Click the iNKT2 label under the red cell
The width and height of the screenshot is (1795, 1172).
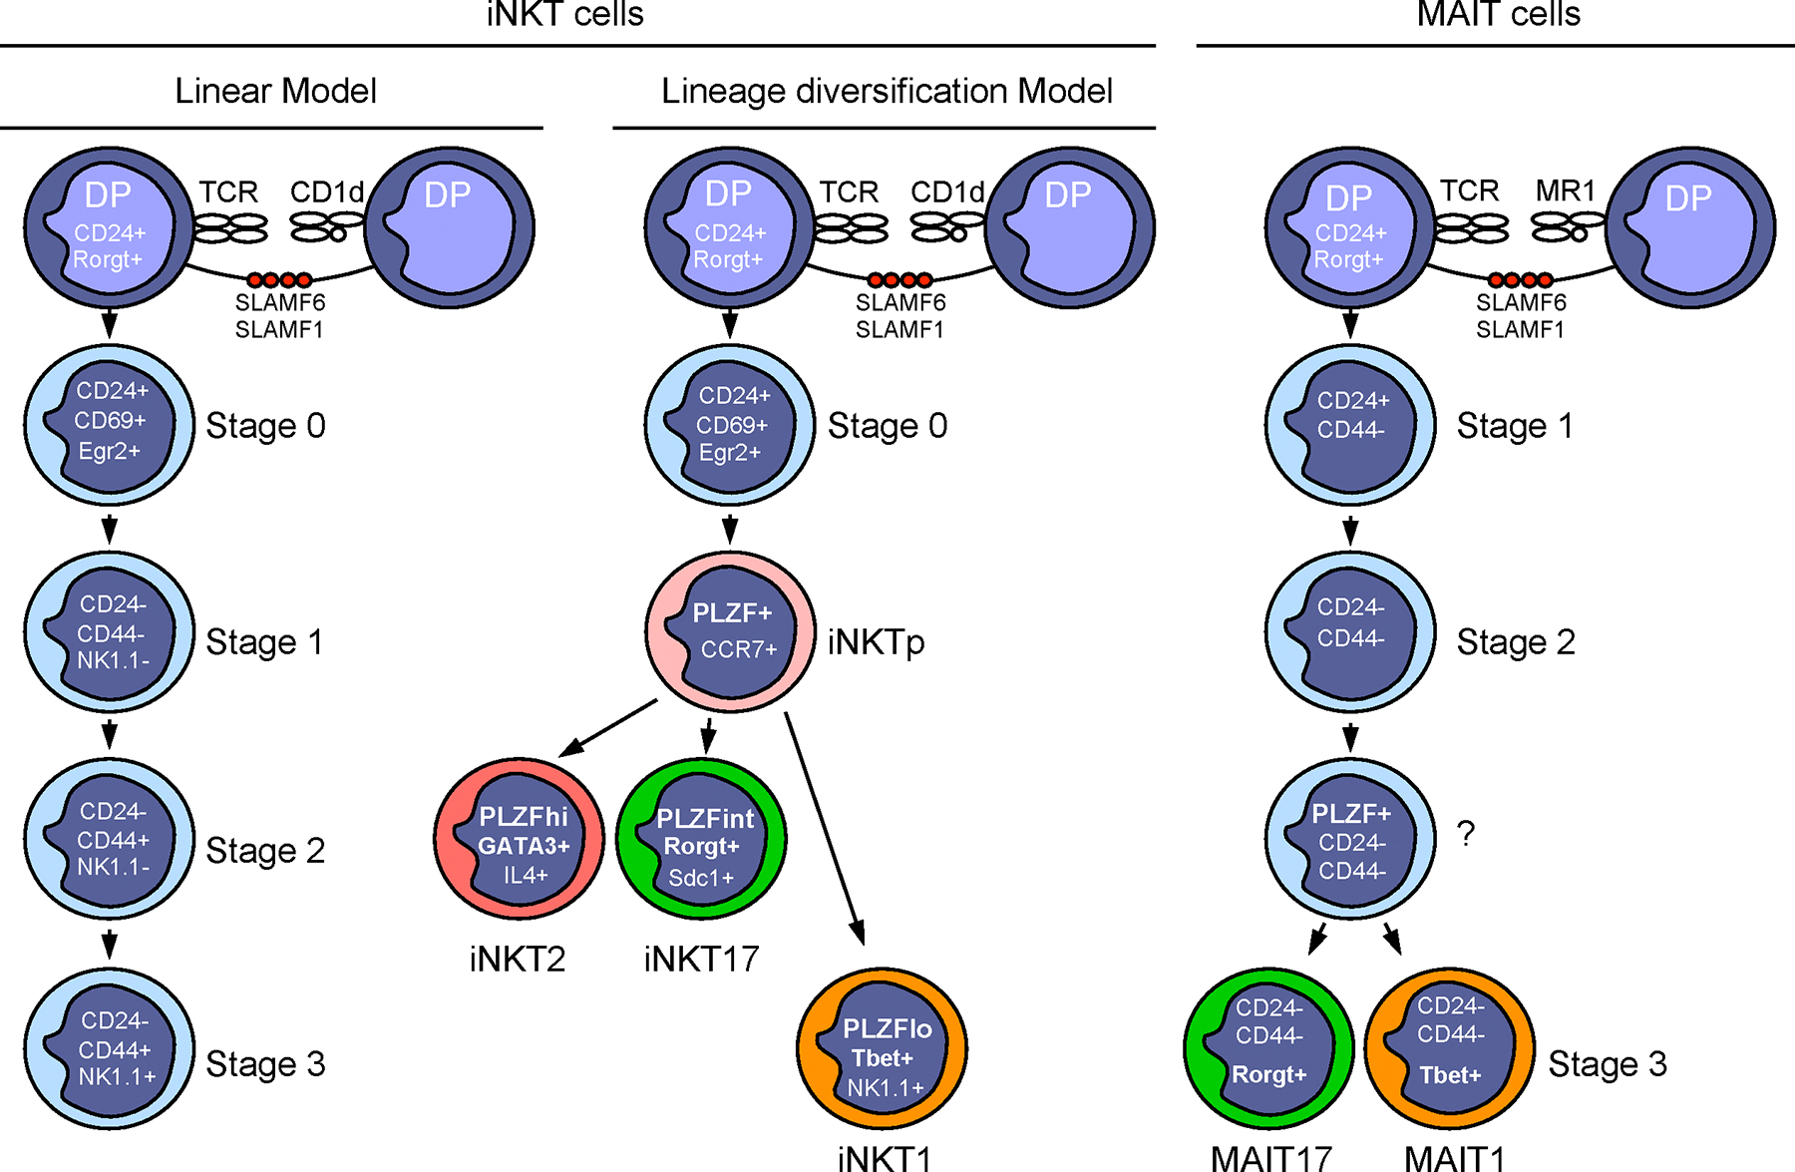tap(517, 959)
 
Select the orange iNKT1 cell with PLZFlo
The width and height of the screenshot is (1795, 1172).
tap(882, 1048)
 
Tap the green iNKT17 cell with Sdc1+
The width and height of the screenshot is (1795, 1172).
tap(701, 840)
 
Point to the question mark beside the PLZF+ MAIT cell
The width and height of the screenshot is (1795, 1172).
tap(1465, 833)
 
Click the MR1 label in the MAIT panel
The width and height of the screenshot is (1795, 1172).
tap(1565, 191)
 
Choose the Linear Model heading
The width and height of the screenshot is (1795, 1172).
tap(275, 91)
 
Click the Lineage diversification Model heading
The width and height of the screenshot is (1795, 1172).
tap(886, 91)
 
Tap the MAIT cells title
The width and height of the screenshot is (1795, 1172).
tap(1498, 15)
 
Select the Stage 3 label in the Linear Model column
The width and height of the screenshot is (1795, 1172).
tap(265, 1064)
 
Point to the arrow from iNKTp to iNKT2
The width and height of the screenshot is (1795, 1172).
tap(608, 728)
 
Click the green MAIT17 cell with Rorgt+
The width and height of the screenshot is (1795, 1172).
tap(1268, 1048)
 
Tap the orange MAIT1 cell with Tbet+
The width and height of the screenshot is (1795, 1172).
tap(1449, 1048)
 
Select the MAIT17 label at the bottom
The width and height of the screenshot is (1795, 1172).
tap(1270, 1158)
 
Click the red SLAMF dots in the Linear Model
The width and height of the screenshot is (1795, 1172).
tap(279, 280)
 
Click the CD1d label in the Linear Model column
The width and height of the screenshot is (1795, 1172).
tap(326, 192)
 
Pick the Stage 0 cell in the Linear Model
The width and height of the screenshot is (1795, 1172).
tap(110, 424)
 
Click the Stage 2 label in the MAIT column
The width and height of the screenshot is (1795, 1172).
tap(1515, 642)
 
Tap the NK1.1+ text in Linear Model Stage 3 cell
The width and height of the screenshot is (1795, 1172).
tap(117, 1077)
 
